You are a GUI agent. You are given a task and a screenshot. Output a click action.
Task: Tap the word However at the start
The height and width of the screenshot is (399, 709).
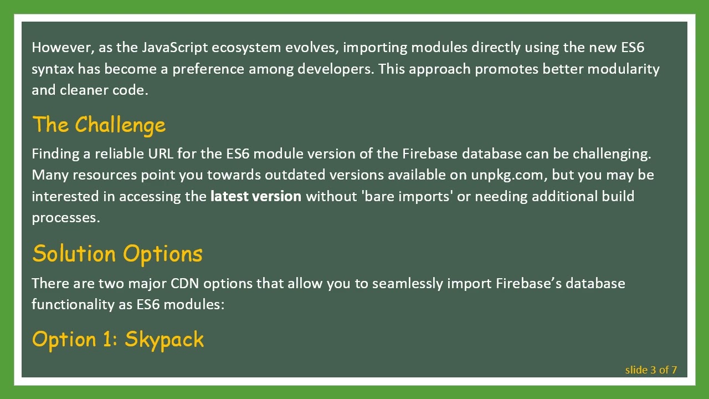pos(62,48)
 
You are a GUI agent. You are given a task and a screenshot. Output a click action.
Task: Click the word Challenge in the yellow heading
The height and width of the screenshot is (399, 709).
pos(120,125)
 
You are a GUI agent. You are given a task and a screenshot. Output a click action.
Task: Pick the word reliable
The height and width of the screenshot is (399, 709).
pos(119,154)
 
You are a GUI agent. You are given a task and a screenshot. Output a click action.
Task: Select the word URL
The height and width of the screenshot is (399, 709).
pos(161,154)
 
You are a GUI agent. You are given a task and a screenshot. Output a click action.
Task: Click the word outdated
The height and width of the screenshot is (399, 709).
pos(295,175)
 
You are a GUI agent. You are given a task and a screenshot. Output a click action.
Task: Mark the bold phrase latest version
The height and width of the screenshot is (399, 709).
pos(256,196)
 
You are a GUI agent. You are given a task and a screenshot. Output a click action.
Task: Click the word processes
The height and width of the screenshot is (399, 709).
pos(66,218)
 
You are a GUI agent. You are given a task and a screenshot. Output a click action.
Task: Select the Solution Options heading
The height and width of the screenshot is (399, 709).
pos(117,254)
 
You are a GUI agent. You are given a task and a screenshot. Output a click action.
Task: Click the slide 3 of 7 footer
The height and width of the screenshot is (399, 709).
pos(651,370)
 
